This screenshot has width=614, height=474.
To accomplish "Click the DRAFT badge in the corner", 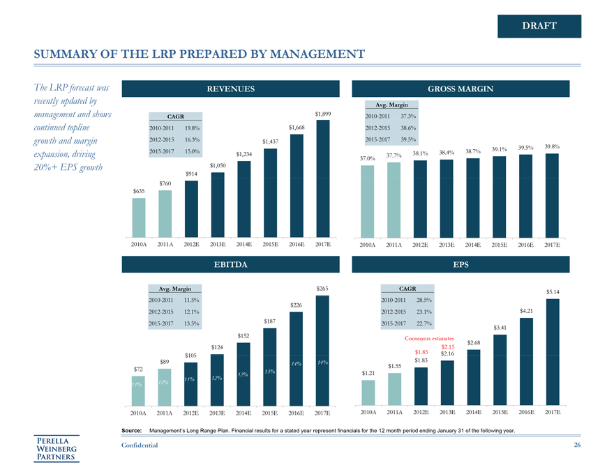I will click(539, 26).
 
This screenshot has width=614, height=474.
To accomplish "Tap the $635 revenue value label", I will click(139, 190).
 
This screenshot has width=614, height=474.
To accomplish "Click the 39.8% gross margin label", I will click(552, 146).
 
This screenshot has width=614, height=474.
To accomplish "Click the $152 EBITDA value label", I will click(244, 336).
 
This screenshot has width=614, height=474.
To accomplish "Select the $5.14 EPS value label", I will click(553, 291).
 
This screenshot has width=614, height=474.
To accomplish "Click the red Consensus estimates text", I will click(429, 339).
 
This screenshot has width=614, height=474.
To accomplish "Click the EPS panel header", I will click(460, 265).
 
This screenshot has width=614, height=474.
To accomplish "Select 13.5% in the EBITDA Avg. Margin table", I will click(190, 323).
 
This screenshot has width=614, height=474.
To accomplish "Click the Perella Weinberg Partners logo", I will click(58, 449).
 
